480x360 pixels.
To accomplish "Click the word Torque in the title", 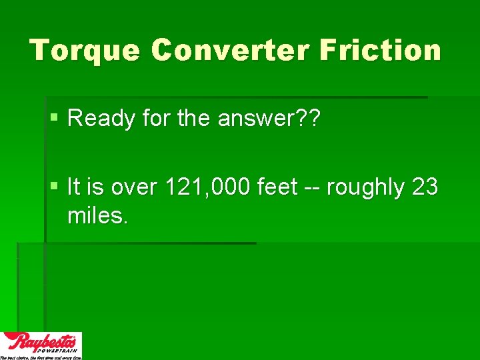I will (85, 51).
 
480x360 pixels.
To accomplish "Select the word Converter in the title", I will (229, 51).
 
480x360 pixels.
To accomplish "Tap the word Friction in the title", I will (380, 51).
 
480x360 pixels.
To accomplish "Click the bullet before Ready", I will (54, 119).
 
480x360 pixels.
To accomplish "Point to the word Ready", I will (97, 119).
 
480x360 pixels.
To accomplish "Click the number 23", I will (425, 189).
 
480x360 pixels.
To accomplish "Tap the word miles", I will (97, 216).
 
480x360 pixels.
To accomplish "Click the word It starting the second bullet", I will (74, 189).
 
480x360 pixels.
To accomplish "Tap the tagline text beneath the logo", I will (41, 357).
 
